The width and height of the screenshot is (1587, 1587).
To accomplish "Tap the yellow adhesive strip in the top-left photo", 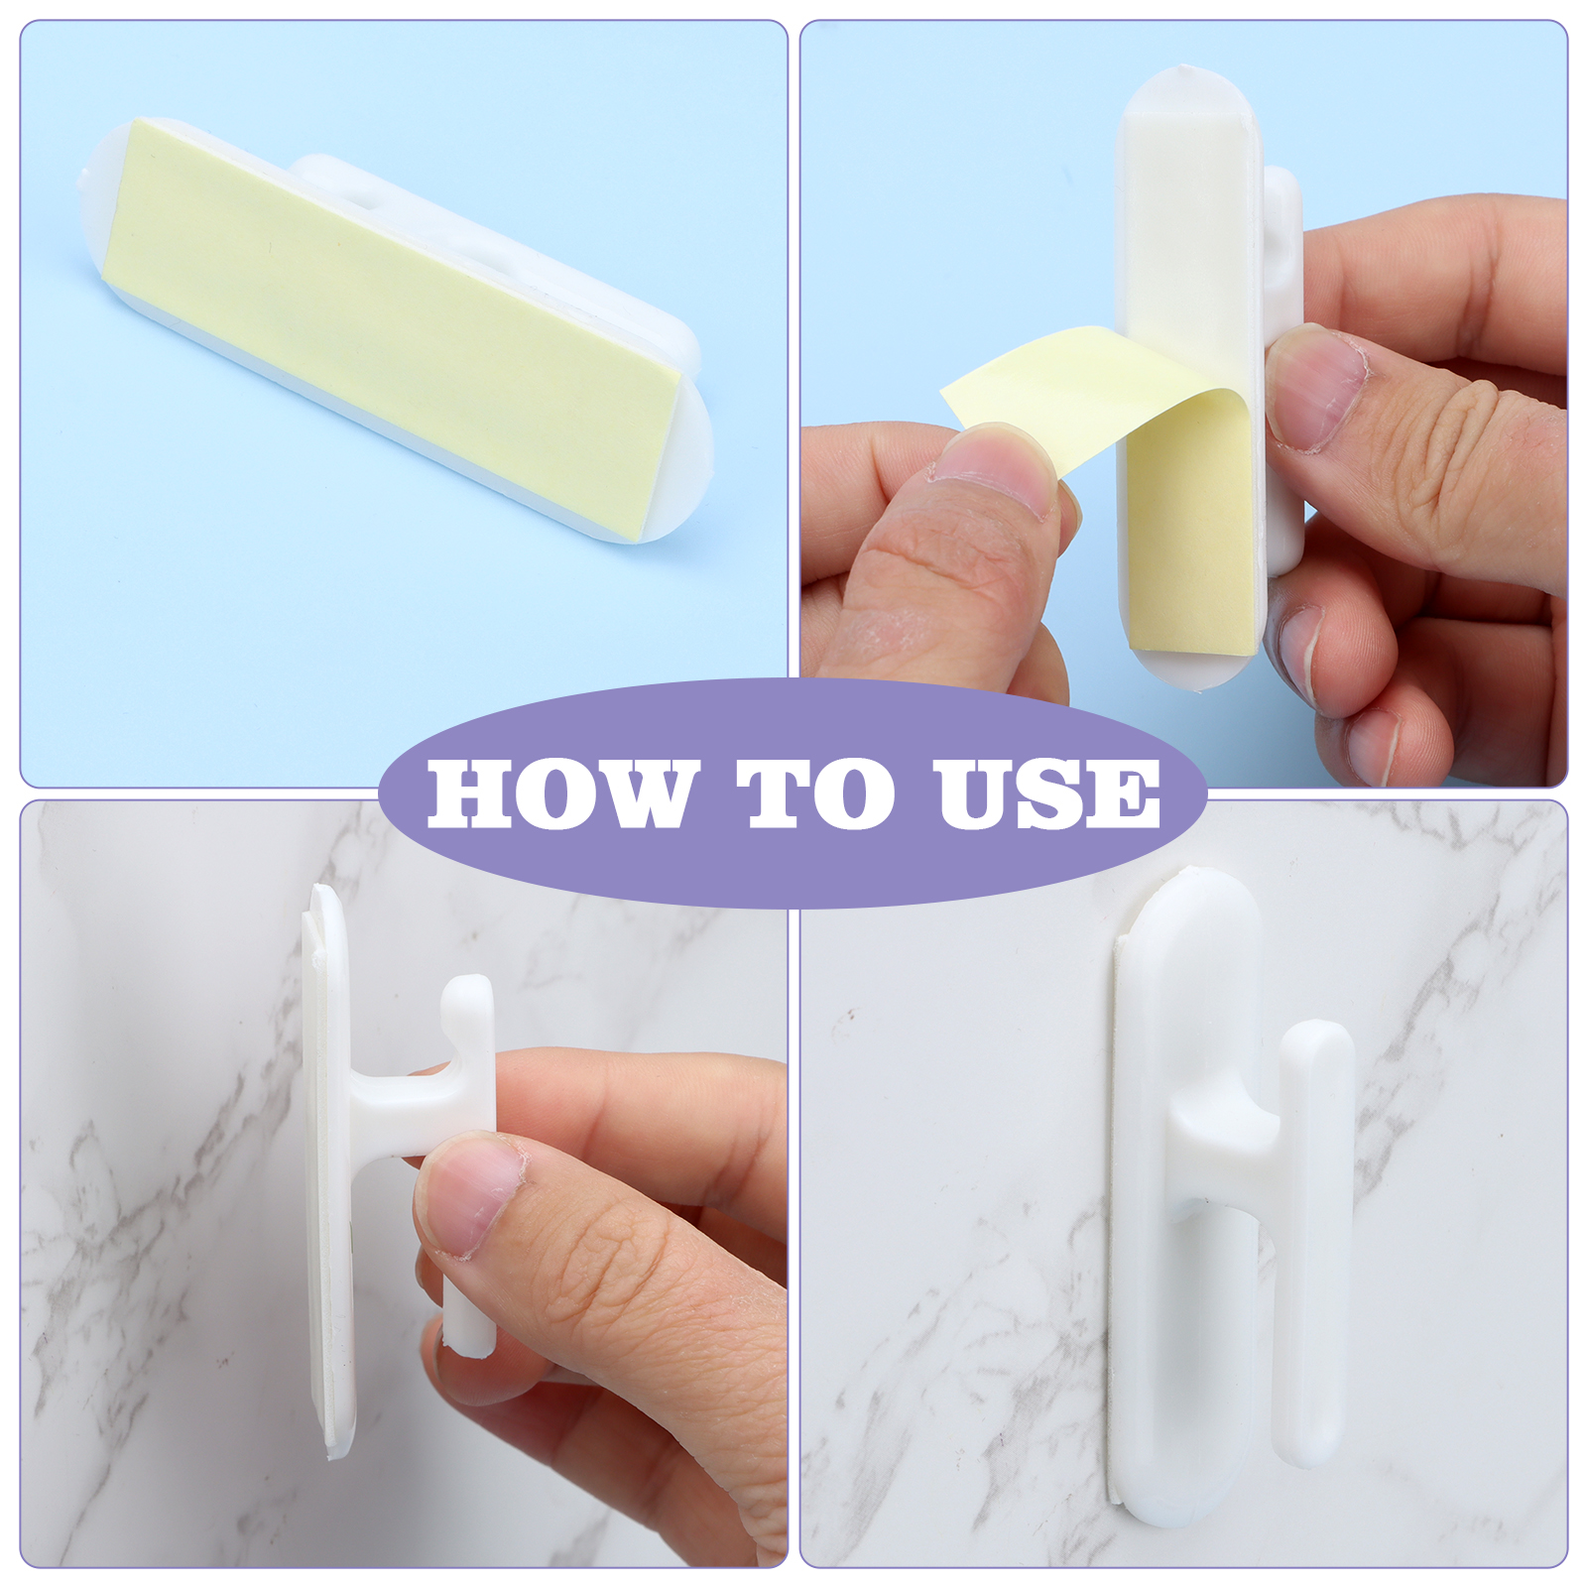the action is (392, 327).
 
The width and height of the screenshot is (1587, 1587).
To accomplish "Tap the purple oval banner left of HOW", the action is (402, 793).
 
